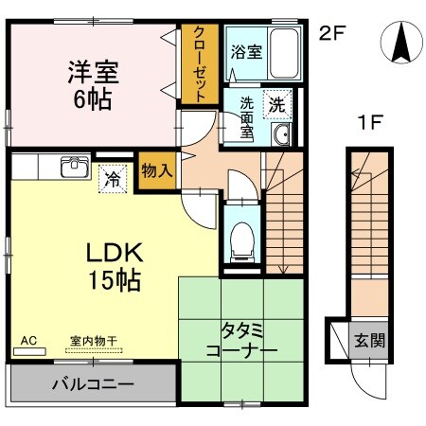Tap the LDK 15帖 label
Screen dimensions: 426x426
115,266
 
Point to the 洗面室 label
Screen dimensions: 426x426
246,117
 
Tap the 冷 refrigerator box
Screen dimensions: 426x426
113,176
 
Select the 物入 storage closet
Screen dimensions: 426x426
155,170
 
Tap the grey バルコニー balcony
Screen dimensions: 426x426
92,385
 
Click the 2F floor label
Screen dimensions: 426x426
329,34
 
